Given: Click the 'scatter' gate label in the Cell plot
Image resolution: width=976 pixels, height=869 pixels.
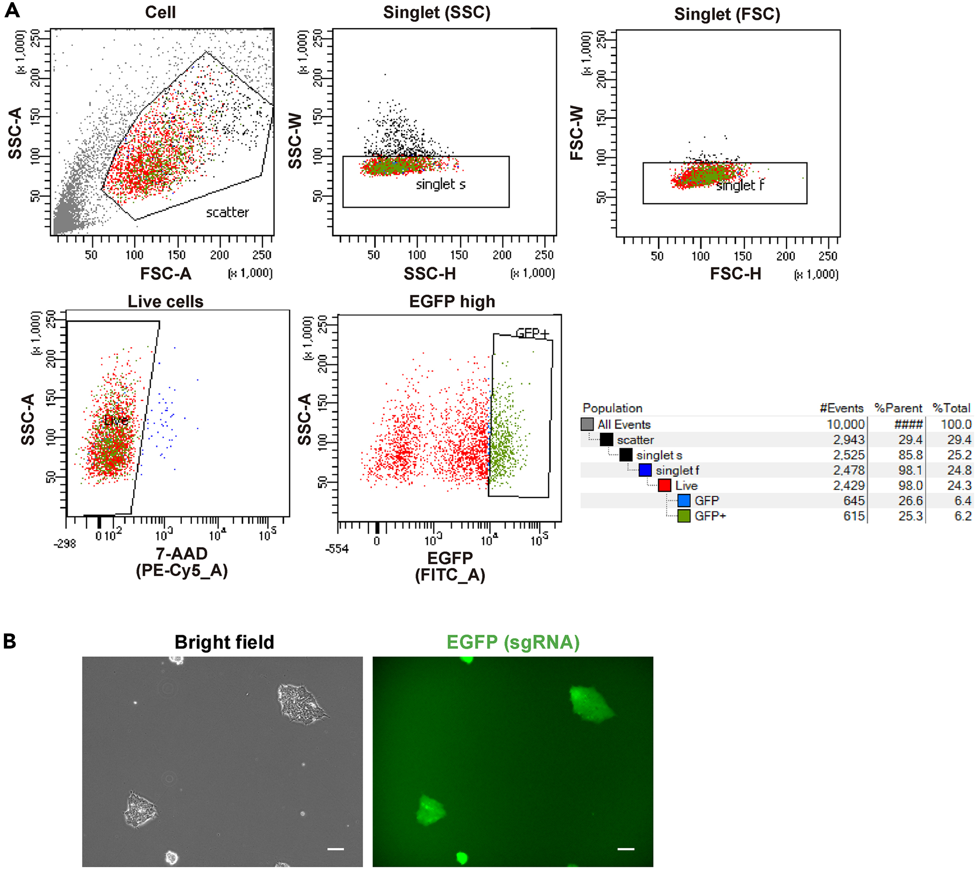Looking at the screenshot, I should tap(227, 213).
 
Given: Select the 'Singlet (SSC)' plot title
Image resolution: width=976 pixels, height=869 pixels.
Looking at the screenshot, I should tap(437, 12).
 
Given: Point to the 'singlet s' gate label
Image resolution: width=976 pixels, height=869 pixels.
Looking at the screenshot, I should tap(440, 184).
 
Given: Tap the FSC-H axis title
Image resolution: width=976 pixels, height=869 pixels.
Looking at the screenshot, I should tap(735, 274).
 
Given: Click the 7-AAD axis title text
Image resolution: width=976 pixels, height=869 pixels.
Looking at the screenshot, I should tap(182, 554).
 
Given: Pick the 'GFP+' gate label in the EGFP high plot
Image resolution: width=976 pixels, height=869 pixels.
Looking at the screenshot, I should tap(532, 333).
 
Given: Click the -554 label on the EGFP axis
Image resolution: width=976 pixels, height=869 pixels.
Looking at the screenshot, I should tap(337, 549).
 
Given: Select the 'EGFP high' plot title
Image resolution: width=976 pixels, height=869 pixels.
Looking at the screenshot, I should tap(452, 302).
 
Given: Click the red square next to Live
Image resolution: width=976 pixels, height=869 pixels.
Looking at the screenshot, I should tap(664, 486).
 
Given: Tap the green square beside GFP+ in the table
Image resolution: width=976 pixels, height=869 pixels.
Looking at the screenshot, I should tap(684, 516).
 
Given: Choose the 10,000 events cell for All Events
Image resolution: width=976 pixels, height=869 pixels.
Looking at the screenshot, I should tap(846, 425).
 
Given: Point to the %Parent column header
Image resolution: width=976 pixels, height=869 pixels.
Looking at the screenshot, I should tap(898, 408).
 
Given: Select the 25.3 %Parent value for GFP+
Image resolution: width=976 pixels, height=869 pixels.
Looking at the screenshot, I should tap(910, 516).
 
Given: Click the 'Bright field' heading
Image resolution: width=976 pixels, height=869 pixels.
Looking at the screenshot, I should tap(224, 642).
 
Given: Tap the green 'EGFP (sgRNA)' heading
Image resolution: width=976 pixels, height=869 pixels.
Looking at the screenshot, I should tap(513, 642).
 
